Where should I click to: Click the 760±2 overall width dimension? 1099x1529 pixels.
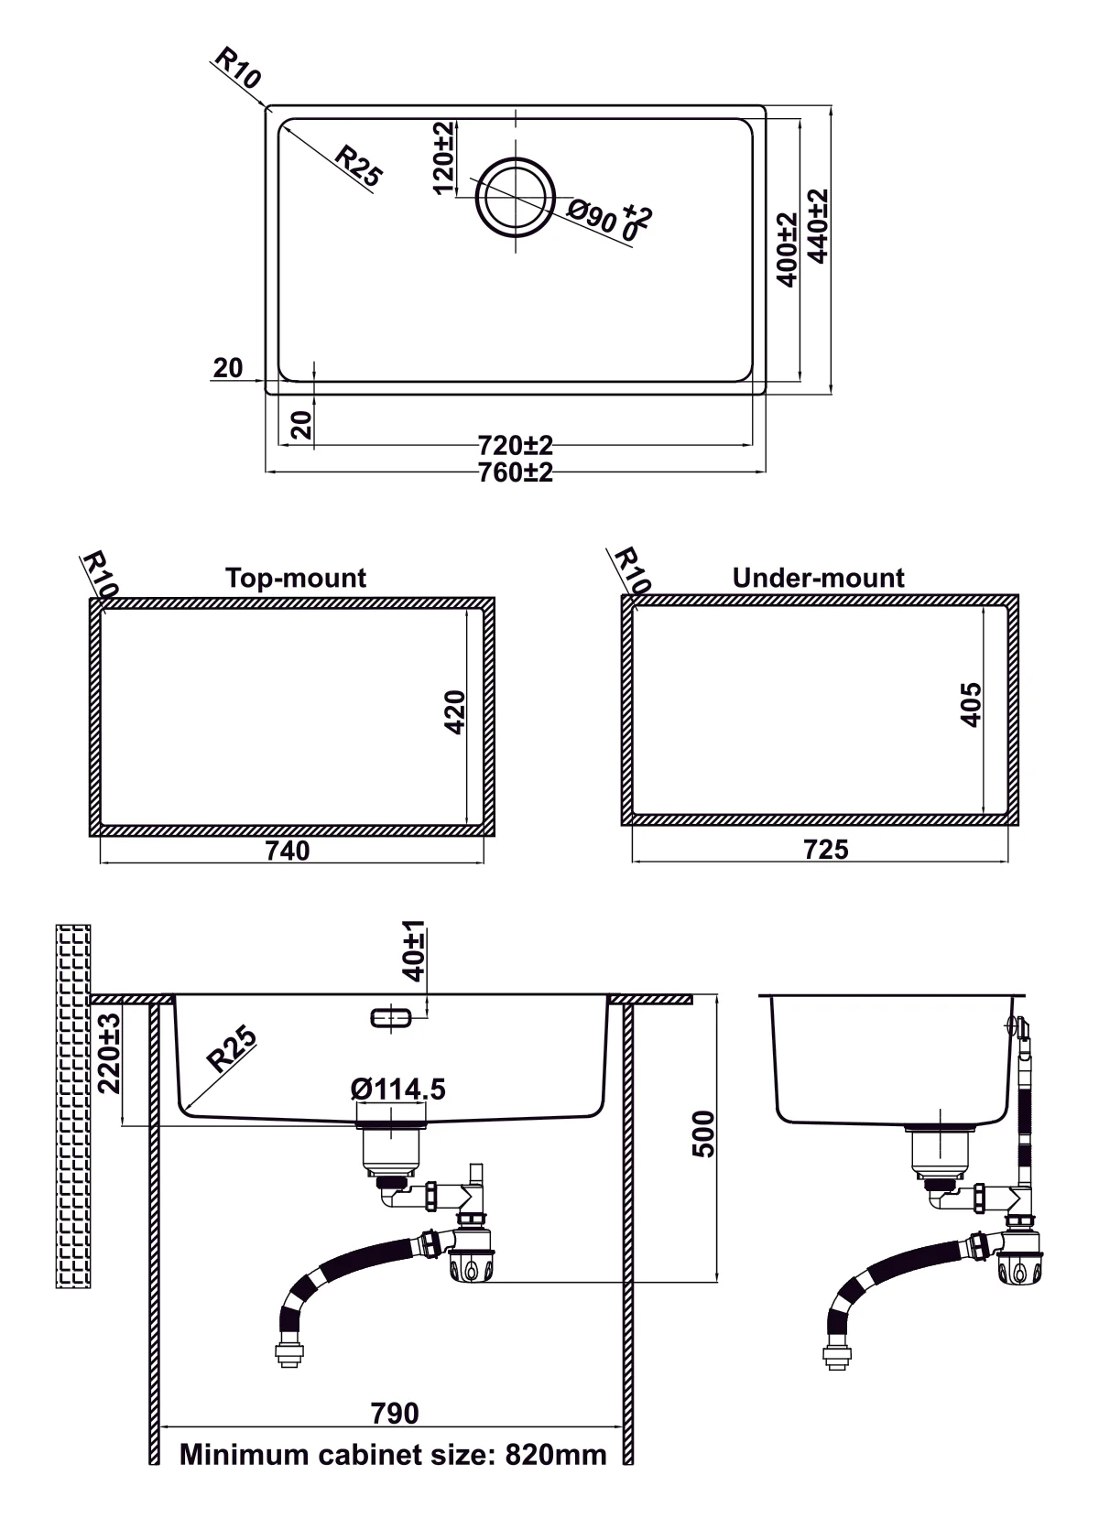[516, 473]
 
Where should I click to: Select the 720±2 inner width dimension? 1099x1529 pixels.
[516, 446]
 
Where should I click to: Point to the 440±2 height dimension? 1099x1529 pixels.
[818, 225]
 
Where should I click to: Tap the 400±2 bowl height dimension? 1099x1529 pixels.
[787, 249]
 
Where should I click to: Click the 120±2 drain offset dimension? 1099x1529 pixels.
[442, 157]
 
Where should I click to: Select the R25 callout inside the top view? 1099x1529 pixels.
[357, 166]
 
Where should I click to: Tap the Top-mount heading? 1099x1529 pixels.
[295, 578]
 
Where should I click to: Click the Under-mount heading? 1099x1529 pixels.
[818, 578]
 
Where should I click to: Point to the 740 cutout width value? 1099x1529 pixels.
[288, 851]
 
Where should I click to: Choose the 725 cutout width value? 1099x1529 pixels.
[826, 850]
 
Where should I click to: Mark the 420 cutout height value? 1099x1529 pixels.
[455, 711]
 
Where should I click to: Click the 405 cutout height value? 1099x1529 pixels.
[971, 704]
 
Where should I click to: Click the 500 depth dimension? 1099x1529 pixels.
[702, 1134]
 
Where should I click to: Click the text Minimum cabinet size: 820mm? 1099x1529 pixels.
[393, 1455]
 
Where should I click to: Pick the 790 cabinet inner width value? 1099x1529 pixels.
[395, 1413]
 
